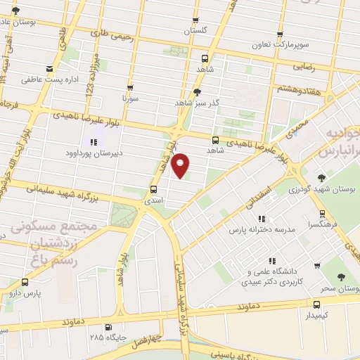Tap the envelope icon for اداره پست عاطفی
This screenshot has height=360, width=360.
pos(49,69)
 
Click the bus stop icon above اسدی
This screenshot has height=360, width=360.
pos(153,189)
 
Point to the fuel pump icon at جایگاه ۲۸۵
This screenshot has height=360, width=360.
pos(107,327)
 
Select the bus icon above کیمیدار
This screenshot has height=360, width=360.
pos(316,305)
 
